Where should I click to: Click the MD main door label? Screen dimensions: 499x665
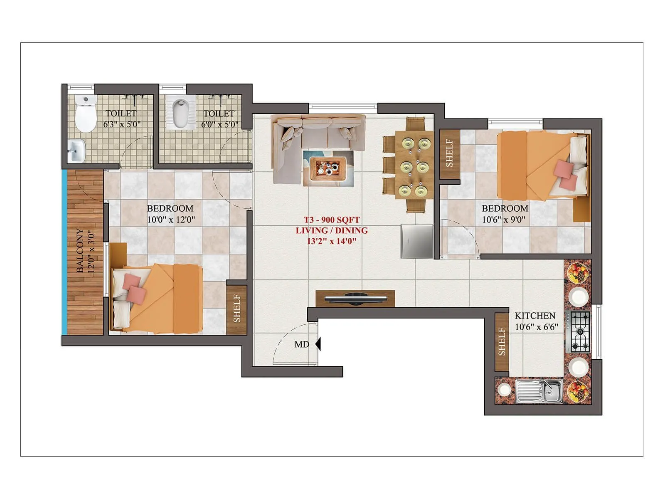(x=301, y=344)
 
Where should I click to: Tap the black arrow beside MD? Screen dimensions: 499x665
(x=318, y=344)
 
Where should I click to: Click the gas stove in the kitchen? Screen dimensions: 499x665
(x=579, y=331)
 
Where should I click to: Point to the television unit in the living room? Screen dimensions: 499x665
(x=355, y=298)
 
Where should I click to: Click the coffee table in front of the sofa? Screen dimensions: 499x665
(x=328, y=168)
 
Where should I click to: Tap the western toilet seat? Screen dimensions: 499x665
(x=86, y=114)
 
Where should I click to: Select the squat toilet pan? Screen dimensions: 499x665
(x=180, y=114)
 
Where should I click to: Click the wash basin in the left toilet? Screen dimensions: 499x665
(x=77, y=150)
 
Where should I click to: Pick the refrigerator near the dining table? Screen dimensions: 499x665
(x=417, y=241)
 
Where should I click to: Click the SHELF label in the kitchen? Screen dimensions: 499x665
(x=502, y=342)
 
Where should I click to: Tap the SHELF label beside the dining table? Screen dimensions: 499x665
(x=449, y=153)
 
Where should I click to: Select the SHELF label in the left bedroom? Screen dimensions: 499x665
(x=236, y=309)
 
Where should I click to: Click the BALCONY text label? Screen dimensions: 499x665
(x=80, y=250)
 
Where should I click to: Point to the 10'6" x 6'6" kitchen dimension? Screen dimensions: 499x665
(x=536, y=327)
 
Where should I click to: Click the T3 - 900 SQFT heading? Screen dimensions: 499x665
(x=331, y=220)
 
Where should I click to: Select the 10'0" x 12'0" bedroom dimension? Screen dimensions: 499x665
(x=170, y=220)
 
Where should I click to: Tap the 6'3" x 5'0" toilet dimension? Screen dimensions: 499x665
(x=122, y=124)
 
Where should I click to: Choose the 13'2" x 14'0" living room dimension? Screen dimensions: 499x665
(x=331, y=241)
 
